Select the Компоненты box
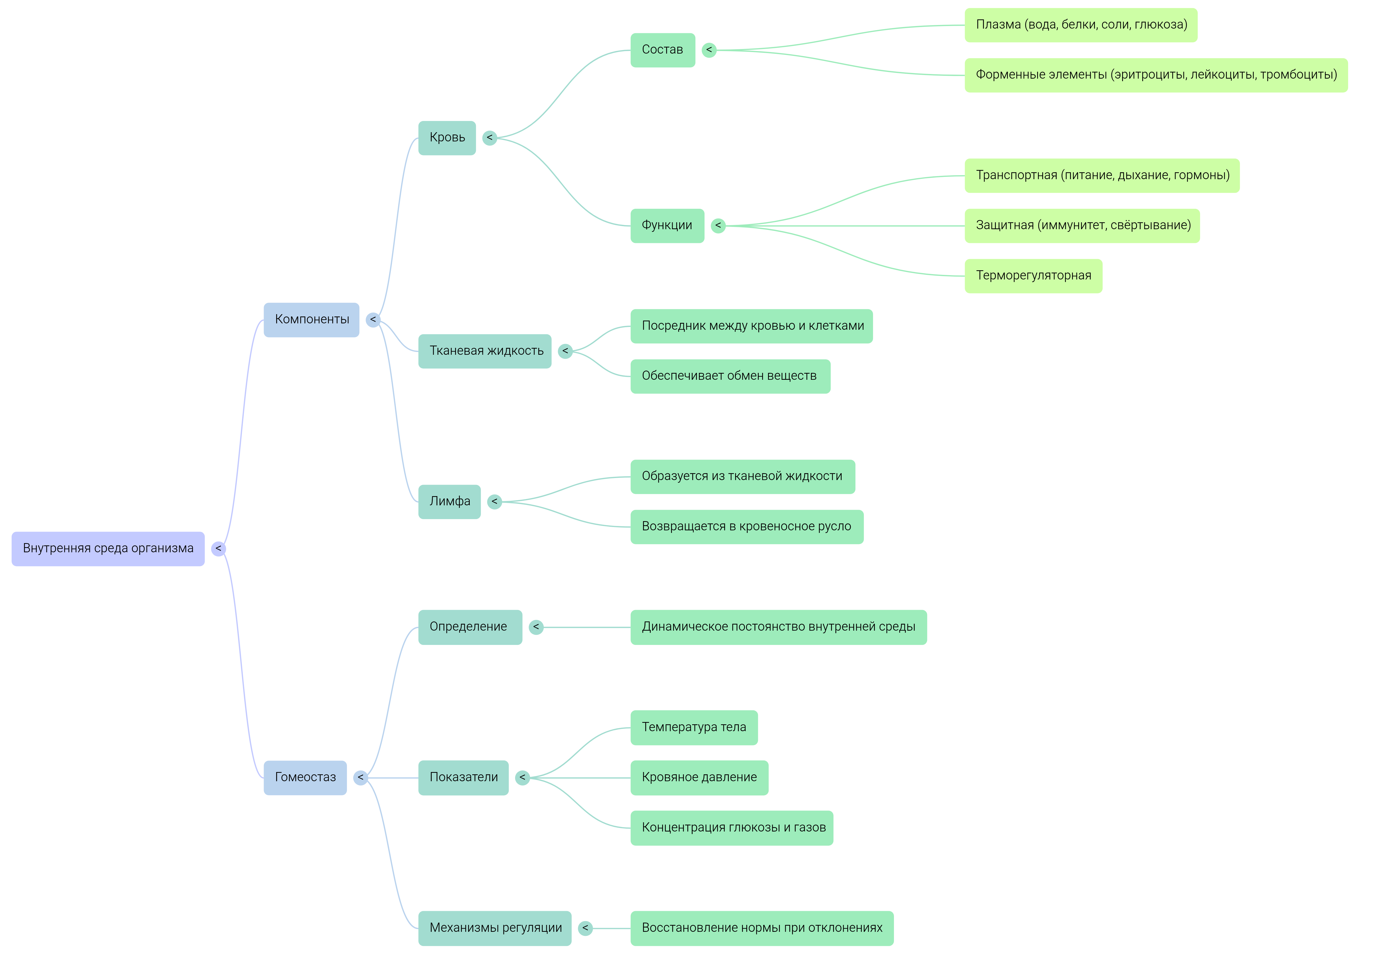(x=311, y=320)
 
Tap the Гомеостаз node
(x=305, y=778)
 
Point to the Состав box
(x=662, y=50)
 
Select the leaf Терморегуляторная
(x=1033, y=276)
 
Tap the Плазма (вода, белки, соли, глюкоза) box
(x=1081, y=25)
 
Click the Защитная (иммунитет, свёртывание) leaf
(x=1082, y=226)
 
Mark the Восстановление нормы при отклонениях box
(x=762, y=928)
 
